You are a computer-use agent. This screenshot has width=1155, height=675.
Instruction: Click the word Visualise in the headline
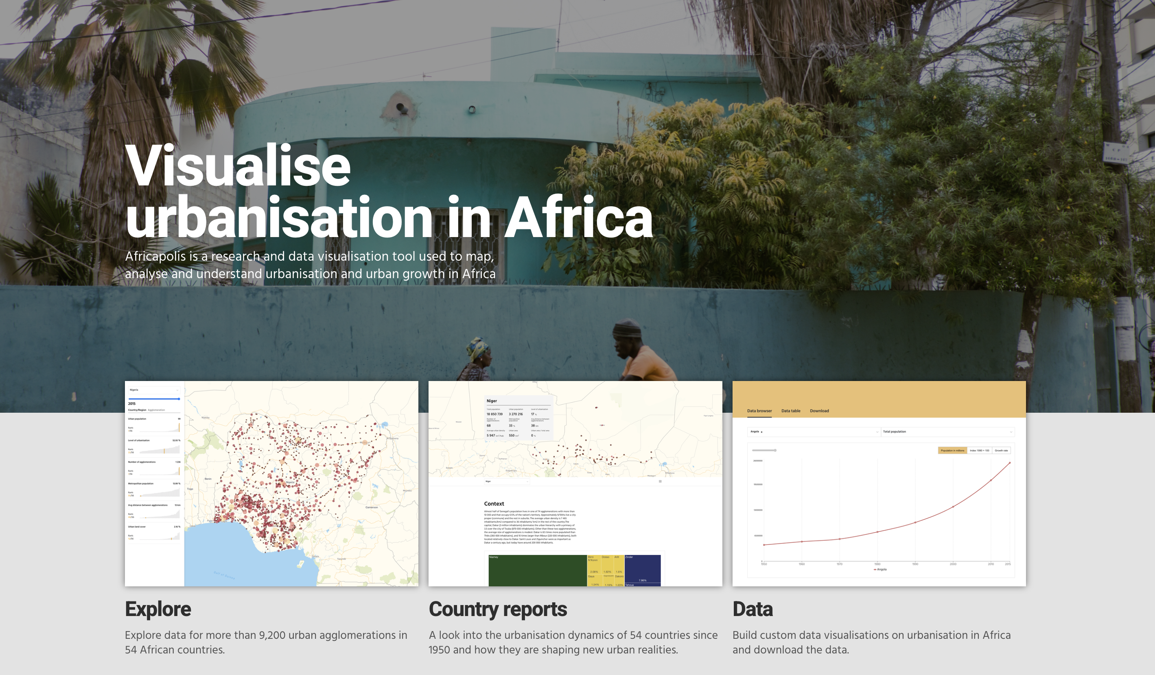pos(237,166)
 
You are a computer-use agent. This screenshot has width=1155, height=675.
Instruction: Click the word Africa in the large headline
pos(578,217)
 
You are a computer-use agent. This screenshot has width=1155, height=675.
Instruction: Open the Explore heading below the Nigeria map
pos(157,609)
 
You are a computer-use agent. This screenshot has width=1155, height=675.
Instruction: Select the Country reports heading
pos(498,609)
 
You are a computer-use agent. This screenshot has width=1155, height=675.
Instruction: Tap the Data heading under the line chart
pos(752,609)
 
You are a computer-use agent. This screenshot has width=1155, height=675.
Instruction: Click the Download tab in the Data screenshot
pos(819,411)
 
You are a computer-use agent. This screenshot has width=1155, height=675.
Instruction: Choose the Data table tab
pos(791,411)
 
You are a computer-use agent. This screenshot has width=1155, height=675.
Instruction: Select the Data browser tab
pos(759,411)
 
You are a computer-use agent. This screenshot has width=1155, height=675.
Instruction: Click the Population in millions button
pos(952,451)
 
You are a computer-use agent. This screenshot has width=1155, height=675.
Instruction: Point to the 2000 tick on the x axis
pos(953,564)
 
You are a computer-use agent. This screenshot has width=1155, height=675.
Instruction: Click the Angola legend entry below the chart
pos(880,570)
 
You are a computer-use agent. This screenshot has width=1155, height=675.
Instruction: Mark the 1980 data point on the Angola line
pos(877,532)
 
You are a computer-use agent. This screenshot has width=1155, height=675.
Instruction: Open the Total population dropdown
pos(947,432)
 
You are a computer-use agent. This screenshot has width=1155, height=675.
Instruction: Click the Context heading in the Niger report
pos(494,504)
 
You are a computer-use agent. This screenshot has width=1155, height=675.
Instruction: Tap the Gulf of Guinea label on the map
pos(224,575)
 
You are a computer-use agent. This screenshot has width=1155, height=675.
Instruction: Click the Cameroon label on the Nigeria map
pos(371,507)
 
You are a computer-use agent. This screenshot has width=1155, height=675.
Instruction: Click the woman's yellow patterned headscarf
pos(476,348)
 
